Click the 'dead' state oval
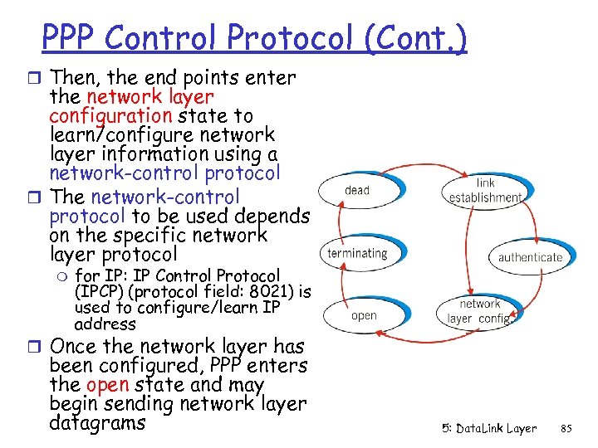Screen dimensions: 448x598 pyautogui.click(x=357, y=190)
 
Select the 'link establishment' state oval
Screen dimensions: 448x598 pyautogui.click(x=486, y=190)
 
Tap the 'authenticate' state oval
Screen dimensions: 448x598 pyautogui.click(x=530, y=257)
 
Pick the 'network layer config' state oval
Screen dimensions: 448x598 pyautogui.click(x=479, y=311)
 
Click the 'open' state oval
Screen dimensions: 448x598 pyautogui.click(x=364, y=315)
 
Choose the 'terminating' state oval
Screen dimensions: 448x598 pyautogui.click(x=357, y=253)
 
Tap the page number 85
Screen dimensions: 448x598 pyautogui.click(x=567, y=429)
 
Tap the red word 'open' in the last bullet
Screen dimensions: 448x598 pyautogui.click(x=106, y=385)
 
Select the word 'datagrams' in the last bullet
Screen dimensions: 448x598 pyautogui.click(x=97, y=423)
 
